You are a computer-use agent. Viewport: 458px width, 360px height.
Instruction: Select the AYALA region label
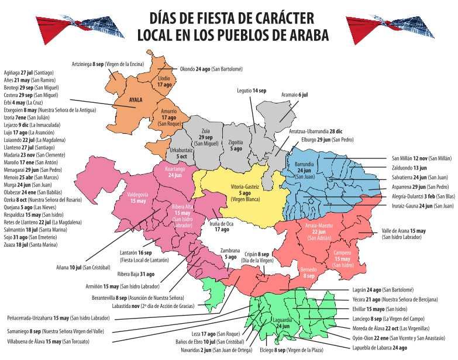(136, 100)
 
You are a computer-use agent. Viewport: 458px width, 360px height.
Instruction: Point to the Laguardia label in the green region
(283, 323)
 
